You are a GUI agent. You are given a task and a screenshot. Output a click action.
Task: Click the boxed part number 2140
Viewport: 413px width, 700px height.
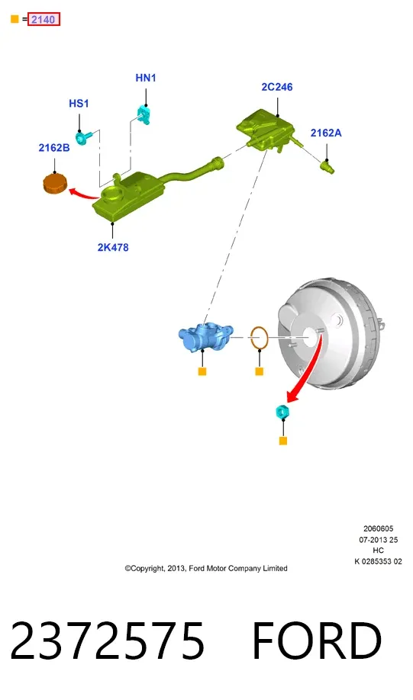44,20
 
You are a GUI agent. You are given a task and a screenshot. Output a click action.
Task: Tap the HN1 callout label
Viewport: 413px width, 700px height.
146,78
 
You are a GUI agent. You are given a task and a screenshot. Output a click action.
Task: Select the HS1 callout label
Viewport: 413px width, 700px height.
79,104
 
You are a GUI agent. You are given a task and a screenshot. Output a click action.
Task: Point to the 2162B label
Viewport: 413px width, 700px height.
54,148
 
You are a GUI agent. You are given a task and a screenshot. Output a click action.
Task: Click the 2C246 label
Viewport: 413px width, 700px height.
277,87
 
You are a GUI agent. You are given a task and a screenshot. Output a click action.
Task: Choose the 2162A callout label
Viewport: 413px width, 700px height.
326,133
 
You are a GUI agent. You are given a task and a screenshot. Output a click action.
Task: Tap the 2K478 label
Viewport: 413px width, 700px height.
113,247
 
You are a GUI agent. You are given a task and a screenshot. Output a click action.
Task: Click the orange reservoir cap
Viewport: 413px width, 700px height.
55,183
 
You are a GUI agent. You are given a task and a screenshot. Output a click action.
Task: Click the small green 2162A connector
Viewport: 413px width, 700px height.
327,168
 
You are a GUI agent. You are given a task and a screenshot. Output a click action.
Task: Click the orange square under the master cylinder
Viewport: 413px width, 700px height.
202,371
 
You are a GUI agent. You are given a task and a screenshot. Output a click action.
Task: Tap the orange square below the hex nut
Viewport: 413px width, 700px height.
283,441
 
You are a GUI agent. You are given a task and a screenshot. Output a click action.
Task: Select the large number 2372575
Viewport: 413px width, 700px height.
108,641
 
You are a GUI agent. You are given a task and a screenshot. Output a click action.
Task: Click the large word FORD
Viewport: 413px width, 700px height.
317,641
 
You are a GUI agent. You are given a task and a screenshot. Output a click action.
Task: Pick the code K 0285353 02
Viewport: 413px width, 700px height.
378,562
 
